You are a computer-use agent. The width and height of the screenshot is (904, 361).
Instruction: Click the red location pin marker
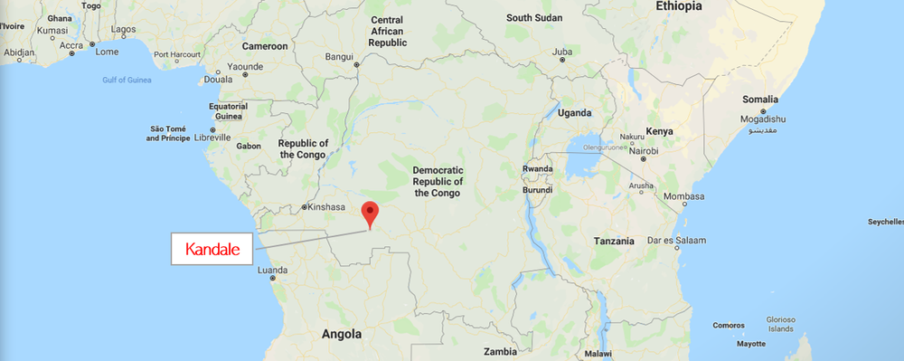point(369,214)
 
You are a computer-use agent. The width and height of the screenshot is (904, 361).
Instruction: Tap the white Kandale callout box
point(212,249)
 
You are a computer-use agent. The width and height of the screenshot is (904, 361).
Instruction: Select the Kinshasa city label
point(326,206)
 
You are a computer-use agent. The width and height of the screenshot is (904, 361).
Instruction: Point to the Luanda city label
point(272,270)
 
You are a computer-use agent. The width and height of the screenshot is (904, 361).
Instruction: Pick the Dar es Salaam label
point(676,240)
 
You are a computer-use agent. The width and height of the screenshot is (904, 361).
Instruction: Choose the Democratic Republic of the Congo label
point(438,181)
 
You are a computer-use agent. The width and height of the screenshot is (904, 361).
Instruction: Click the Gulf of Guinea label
point(126,81)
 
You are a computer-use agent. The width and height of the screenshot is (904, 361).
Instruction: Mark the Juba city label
point(562,52)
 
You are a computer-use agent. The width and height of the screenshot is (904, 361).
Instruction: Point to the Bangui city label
point(339,56)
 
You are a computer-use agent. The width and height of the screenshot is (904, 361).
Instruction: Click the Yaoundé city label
point(245,66)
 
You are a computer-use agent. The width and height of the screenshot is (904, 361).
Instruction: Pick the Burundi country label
point(537,190)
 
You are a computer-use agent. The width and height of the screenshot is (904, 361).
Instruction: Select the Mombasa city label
point(683,196)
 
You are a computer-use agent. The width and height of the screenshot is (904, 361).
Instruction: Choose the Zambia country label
point(500,351)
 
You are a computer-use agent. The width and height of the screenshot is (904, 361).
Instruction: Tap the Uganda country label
point(575,113)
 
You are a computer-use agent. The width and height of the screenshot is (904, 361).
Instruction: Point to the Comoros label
point(728,325)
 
